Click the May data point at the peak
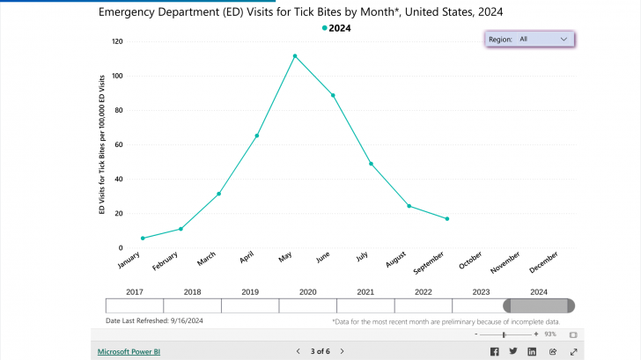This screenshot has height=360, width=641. coord(295,56)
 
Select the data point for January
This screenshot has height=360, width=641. coord(143,238)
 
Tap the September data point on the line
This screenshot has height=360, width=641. coord(447,218)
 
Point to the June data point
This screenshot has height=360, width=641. coord(333,95)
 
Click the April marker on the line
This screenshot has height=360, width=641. coord(256,136)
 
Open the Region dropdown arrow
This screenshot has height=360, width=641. coord(564,40)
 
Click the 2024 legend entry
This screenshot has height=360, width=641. coord(336,28)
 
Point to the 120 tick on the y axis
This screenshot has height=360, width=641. coord(117,41)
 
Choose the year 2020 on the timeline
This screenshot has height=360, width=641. coord(307,291)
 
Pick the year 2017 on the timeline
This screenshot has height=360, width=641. coord(134,291)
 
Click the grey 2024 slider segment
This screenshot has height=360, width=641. coord(539,305)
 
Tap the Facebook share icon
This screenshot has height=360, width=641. coord(494,351)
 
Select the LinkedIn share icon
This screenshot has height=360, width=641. coord(532,351)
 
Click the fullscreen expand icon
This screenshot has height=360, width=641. coord(573,351)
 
